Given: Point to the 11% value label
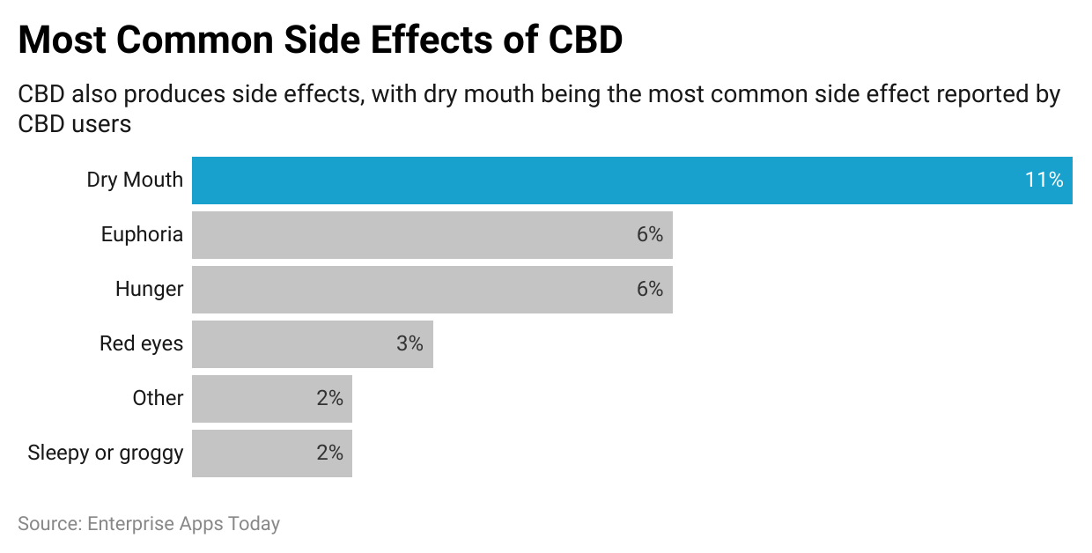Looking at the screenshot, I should pos(1044,181).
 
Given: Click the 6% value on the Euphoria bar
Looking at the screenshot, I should pos(650,235).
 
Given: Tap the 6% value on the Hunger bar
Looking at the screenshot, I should pos(650,290).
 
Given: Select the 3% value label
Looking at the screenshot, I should pos(409,344).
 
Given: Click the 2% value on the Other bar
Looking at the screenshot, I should pos(329,399).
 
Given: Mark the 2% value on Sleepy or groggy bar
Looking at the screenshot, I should pos(329,453).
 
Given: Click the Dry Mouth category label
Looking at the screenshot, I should pos(135,181).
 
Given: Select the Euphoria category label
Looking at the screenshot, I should pos(142,235).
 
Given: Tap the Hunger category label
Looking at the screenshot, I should pos(149,290).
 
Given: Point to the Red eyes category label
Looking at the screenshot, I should pos(141,344).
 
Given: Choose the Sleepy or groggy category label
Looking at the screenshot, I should pos(106,453).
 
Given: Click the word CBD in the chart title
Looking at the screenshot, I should pos(585,41).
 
